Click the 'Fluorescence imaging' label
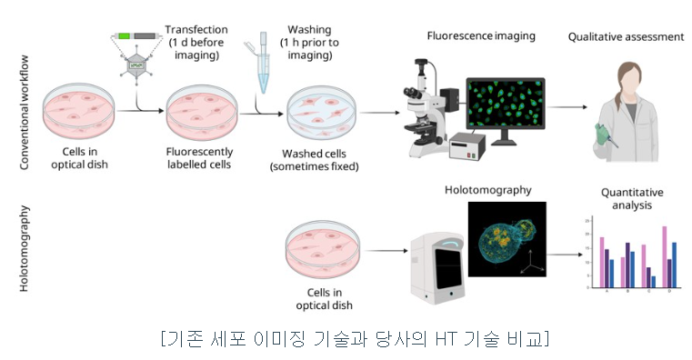[x=481, y=36]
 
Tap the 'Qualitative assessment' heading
[x=625, y=37]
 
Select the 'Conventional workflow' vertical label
[x=26, y=112]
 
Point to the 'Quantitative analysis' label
[x=632, y=199]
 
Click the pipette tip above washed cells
[x=263, y=64]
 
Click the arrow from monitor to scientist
[x=567, y=107]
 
